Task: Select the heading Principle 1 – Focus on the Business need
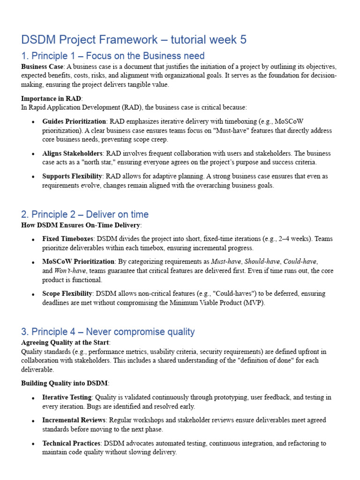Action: point(113,56)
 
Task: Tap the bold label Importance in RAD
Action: point(51,98)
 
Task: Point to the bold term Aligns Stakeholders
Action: point(72,153)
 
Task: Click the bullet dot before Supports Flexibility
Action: point(32,177)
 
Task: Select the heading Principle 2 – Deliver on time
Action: point(85,215)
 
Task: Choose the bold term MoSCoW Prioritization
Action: point(78,262)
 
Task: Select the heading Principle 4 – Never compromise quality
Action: point(108,332)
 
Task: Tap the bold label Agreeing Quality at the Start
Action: point(65,342)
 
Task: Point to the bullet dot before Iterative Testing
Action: point(32,398)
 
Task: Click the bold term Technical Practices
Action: point(71,443)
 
